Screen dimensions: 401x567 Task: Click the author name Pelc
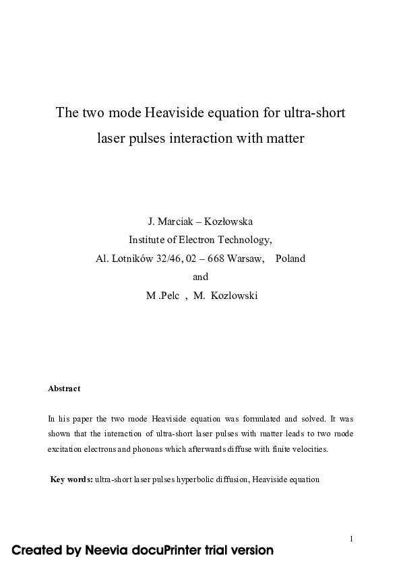click(168, 296)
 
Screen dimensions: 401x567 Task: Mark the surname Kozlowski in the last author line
click(233, 296)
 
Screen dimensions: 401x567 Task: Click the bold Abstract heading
click(64, 389)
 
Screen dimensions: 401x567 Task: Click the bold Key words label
click(71, 479)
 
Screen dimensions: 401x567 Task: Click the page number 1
click(352, 538)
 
